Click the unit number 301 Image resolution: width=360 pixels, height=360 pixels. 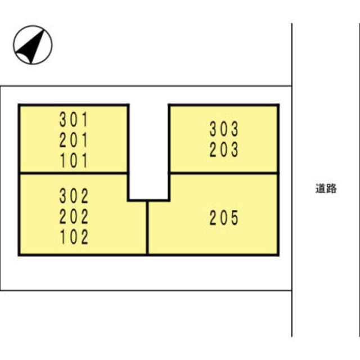pos(74,119)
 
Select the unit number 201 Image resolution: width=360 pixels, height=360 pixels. pos(74,140)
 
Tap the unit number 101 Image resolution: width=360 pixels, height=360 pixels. pos(74,160)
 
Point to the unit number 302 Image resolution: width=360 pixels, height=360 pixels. pos(74,196)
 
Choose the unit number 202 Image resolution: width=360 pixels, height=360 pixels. pos(74,216)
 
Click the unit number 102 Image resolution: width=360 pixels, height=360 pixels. pos(74,237)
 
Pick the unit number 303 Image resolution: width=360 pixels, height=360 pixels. pos(224,129)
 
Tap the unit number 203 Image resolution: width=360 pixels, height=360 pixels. pos(224,150)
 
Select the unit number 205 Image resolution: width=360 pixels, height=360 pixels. pos(224,218)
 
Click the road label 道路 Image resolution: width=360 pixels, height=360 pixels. pos(326,188)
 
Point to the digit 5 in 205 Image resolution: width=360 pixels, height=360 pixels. pos(235,218)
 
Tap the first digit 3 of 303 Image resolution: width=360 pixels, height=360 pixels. pos(213,129)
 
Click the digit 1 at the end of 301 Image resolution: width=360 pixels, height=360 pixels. pos(85,119)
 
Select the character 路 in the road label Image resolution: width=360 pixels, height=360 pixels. pos(331,188)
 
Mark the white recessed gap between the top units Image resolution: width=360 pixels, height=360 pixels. pos(148,151)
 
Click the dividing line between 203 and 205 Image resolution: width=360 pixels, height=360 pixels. pos(224,173)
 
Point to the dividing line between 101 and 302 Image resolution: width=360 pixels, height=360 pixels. pos(74,173)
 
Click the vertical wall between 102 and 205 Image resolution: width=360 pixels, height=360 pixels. pos(147,228)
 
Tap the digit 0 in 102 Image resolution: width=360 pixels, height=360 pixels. pos(74,237)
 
